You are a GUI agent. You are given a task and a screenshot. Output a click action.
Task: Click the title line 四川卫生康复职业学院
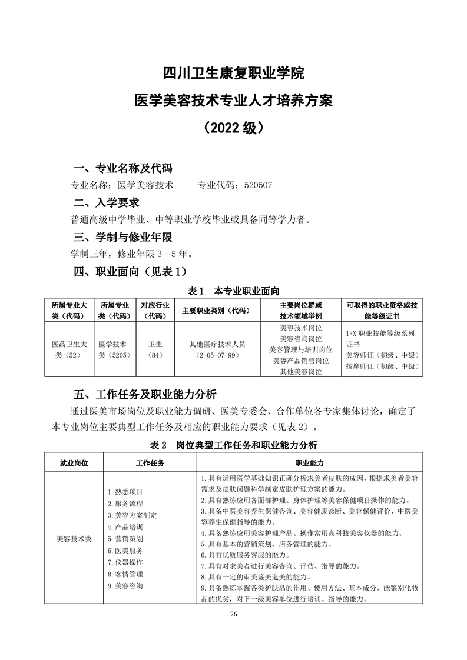(x=233, y=75)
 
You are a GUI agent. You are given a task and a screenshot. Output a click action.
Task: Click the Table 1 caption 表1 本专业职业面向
(x=233, y=291)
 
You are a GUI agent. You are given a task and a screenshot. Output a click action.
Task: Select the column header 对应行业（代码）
(x=155, y=310)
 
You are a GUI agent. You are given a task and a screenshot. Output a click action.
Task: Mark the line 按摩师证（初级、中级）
(x=382, y=366)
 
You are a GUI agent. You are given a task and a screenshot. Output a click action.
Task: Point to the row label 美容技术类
(x=74, y=538)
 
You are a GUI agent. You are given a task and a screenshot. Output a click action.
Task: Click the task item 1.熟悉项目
(x=125, y=491)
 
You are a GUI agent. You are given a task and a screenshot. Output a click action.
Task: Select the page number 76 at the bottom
(x=233, y=614)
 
